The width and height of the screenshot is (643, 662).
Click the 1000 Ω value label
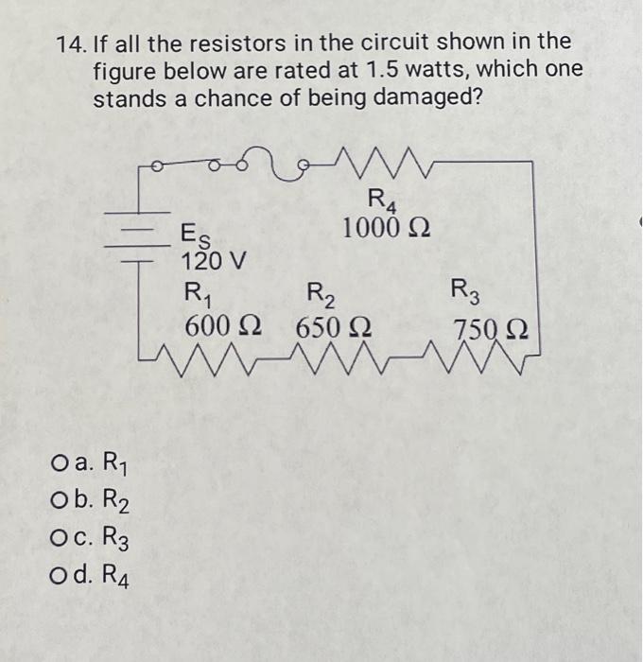click(388, 228)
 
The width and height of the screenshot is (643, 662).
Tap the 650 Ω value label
click(334, 328)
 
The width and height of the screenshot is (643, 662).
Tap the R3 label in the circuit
click(465, 288)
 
